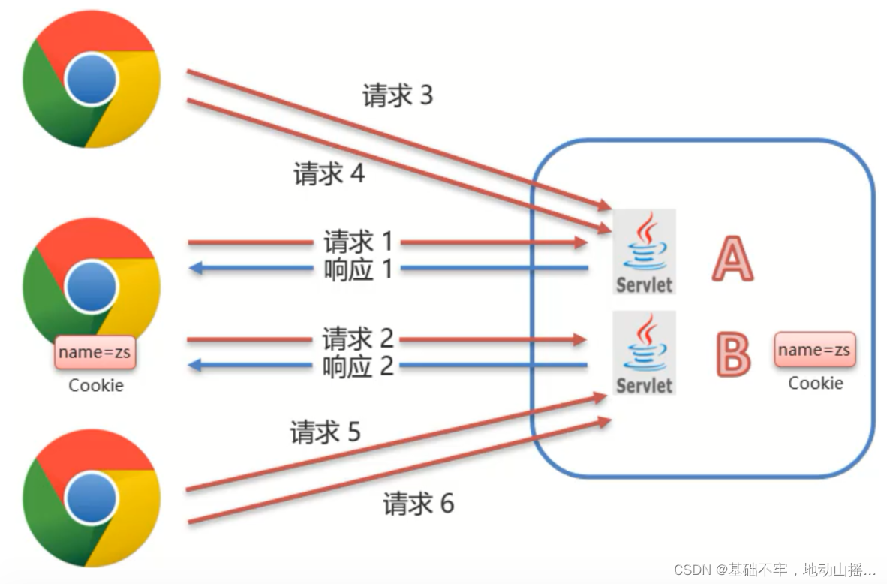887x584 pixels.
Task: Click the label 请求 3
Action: pyautogui.click(x=398, y=95)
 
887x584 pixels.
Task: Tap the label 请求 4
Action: pyautogui.click(x=329, y=174)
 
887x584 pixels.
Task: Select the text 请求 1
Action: pyautogui.click(x=358, y=242)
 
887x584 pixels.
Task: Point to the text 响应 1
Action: pyautogui.click(x=358, y=268)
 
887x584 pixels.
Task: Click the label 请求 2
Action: pyautogui.click(x=358, y=339)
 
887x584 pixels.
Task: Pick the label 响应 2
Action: pyautogui.click(x=358, y=366)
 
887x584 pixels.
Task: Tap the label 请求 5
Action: pyautogui.click(x=325, y=432)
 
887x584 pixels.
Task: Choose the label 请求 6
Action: pyautogui.click(x=418, y=503)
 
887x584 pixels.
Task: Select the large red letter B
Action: pyautogui.click(x=732, y=354)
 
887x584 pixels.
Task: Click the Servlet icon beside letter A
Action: pyautogui.click(x=645, y=251)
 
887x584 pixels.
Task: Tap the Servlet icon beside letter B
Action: pyautogui.click(x=645, y=352)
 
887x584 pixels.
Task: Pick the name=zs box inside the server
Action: pyautogui.click(x=814, y=350)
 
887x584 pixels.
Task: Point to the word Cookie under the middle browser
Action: pyautogui.click(x=96, y=385)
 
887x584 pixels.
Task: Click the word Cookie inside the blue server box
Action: pyautogui.click(x=815, y=383)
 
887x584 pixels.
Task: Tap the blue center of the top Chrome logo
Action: pyautogui.click(x=91, y=81)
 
